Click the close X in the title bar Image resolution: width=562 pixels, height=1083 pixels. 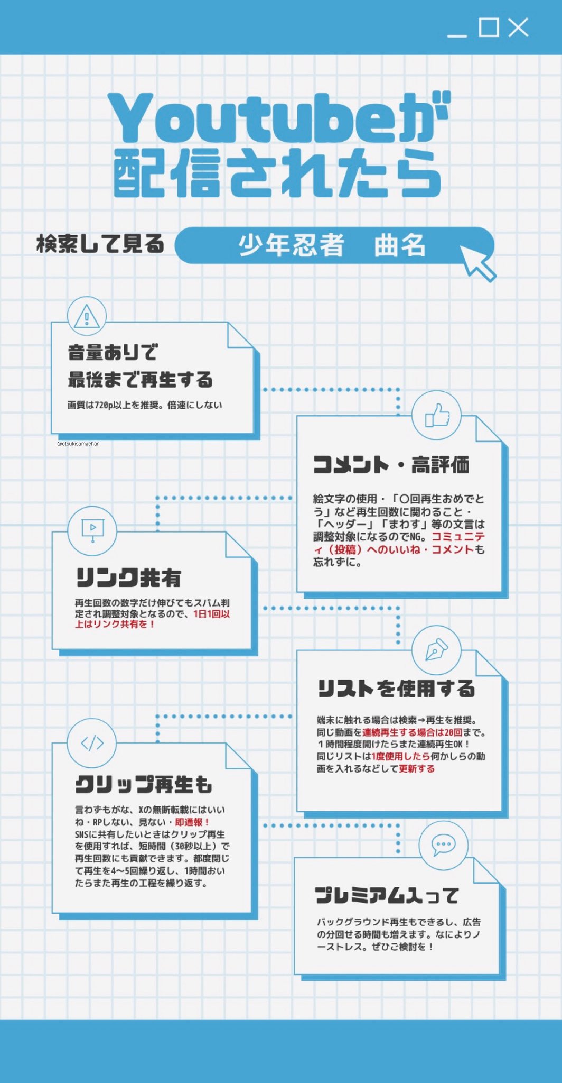(518, 27)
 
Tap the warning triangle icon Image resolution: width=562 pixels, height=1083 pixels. (87, 317)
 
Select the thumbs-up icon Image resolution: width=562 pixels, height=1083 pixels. (437, 416)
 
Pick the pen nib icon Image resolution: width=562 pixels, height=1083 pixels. (436, 650)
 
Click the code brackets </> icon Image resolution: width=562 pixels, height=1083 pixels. (92, 743)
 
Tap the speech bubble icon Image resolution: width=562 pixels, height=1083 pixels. (443, 845)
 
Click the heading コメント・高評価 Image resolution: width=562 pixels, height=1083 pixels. (391, 465)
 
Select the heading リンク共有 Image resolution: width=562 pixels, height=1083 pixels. (129, 577)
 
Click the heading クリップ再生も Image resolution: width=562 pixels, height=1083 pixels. (143, 784)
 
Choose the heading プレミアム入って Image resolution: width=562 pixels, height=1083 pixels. (387, 895)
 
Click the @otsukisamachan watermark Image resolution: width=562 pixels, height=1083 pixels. (78, 444)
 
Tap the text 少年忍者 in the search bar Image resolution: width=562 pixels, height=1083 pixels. (291, 245)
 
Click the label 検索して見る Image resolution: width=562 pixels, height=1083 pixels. (100, 244)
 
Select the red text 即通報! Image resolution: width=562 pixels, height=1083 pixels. (192, 822)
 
